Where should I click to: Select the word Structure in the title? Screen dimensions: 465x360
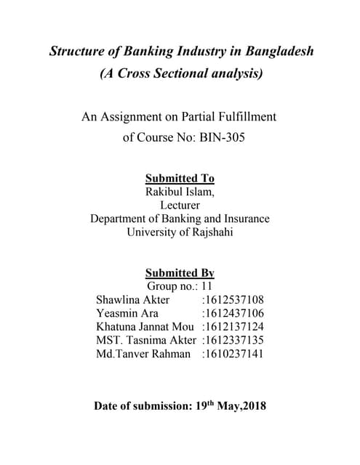78,52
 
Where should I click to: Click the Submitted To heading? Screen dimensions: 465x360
180,178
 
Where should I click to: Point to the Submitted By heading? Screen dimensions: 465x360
180,273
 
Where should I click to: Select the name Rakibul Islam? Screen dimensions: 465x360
178,192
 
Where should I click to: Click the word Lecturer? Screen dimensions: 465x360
180,206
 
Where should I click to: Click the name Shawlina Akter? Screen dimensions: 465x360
132,299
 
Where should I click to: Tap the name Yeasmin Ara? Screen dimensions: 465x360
127,313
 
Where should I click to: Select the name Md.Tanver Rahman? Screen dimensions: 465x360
143,354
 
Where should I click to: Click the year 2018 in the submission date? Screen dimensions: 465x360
253,405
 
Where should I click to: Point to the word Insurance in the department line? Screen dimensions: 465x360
244,219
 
